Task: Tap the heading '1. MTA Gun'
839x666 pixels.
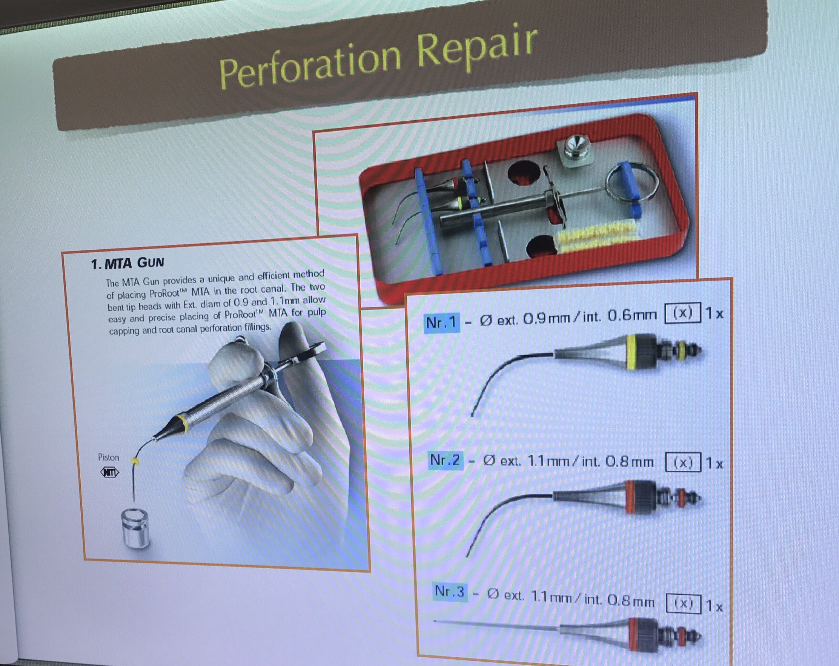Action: click(x=127, y=263)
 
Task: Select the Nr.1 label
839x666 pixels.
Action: click(x=441, y=322)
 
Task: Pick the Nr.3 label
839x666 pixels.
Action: click(x=449, y=592)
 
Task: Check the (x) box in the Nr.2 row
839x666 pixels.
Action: click(x=683, y=462)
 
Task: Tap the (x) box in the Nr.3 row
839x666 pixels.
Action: click(x=683, y=604)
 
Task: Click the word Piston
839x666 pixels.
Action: click(x=108, y=457)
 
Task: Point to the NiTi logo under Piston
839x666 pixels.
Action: click(x=110, y=473)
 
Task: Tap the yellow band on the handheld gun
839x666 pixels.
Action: click(x=181, y=423)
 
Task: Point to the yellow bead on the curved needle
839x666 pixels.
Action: click(x=135, y=461)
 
